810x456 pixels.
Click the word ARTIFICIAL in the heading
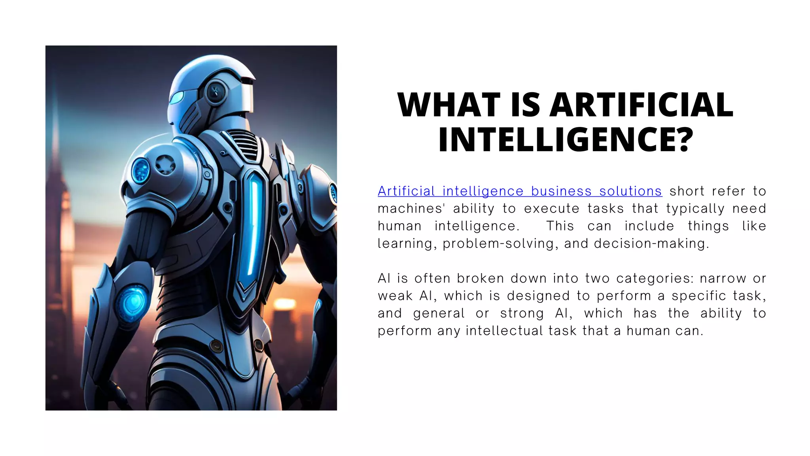(642, 104)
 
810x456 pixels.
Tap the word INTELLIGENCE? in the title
(566, 140)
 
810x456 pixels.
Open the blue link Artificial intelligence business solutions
(519, 191)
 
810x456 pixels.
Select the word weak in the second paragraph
(395, 296)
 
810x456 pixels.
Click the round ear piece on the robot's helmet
(216, 92)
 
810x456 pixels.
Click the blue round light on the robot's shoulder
(140, 171)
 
